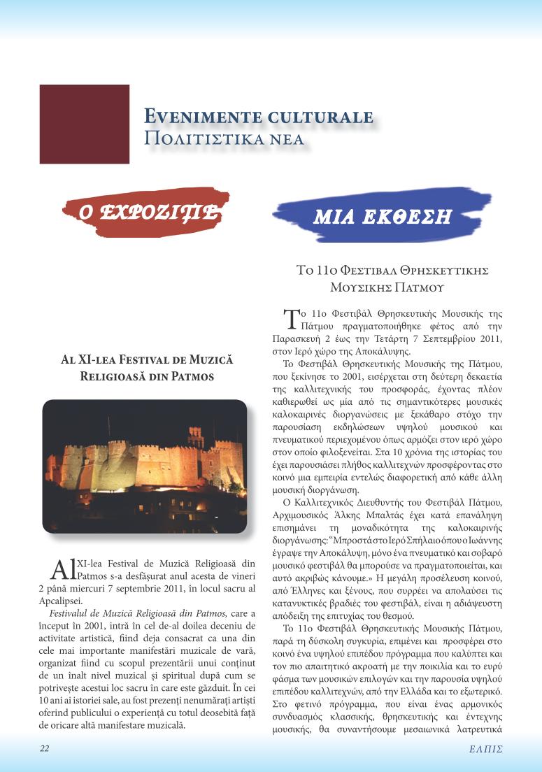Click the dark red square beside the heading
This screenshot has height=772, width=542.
click(x=85, y=124)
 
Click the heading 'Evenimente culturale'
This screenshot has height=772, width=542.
click(x=258, y=116)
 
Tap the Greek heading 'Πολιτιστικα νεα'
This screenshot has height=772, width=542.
click(x=224, y=138)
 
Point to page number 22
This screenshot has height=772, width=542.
click(x=44, y=748)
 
